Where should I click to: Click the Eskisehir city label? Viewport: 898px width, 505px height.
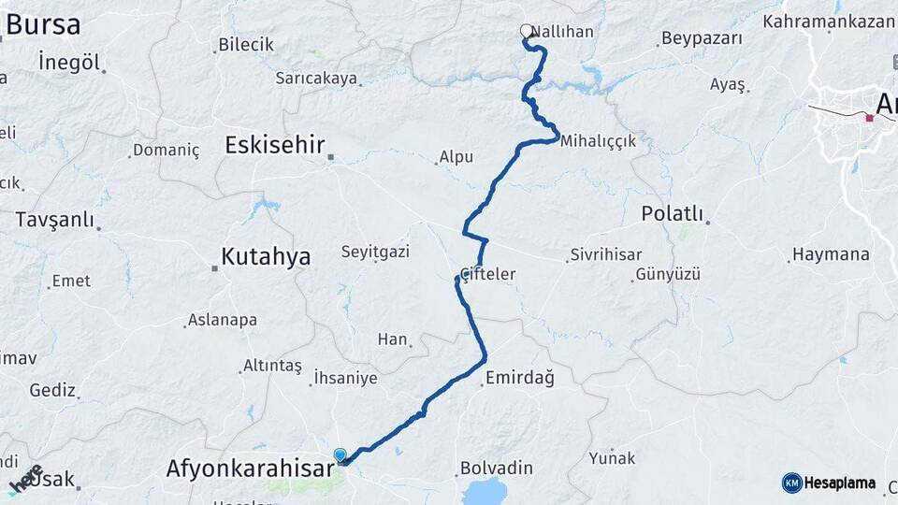274,145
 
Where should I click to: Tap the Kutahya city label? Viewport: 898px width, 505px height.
266,257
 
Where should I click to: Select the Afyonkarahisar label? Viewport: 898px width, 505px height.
250,467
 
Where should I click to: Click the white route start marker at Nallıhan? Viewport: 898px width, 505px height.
527,31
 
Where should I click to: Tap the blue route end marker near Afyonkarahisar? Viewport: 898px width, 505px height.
340,454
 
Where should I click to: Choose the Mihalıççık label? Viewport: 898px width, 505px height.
599,140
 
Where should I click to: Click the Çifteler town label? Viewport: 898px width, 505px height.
487,274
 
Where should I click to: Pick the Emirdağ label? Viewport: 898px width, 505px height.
520,378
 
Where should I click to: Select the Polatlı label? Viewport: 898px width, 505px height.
672,213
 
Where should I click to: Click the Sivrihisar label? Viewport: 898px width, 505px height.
604,254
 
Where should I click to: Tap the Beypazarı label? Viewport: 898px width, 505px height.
702,38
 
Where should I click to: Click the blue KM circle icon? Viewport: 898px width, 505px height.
792,483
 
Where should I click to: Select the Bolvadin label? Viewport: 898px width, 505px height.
496,468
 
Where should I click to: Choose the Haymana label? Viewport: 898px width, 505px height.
831,254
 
